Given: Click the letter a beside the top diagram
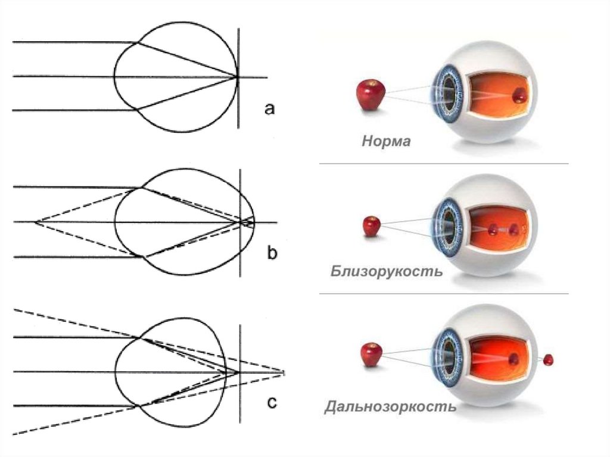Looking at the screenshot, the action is pyautogui.click(x=269, y=108).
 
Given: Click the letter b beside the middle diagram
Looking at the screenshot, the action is pyautogui.click(x=271, y=254).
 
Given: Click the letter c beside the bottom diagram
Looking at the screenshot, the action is pyautogui.click(x=271, y=403).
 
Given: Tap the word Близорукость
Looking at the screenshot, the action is pyautogui.click(x=386, y=272).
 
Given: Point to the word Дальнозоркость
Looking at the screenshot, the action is pyautogui.click(x=390, y=408).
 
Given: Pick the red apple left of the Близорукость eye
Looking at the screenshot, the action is pyautogui.click(x=372, y=227).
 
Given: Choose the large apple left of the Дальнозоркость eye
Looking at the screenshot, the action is pyautogui.click(x=371, y=355).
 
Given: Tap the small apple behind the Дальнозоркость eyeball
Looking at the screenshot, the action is pyautogui.click(x=548, y=359).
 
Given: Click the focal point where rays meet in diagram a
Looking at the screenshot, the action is pyautogui.click(x=237, y=76).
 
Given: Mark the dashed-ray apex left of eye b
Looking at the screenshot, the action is pyautogui.click(x=36, y=222).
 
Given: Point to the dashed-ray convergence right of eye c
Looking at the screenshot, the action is pyautogui.click(x=284, y=372).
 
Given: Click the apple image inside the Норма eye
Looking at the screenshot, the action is pyautogui.click(x=519, y=94).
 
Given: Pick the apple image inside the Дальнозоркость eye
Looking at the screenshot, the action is pyautogui.click(x=513, y=359).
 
